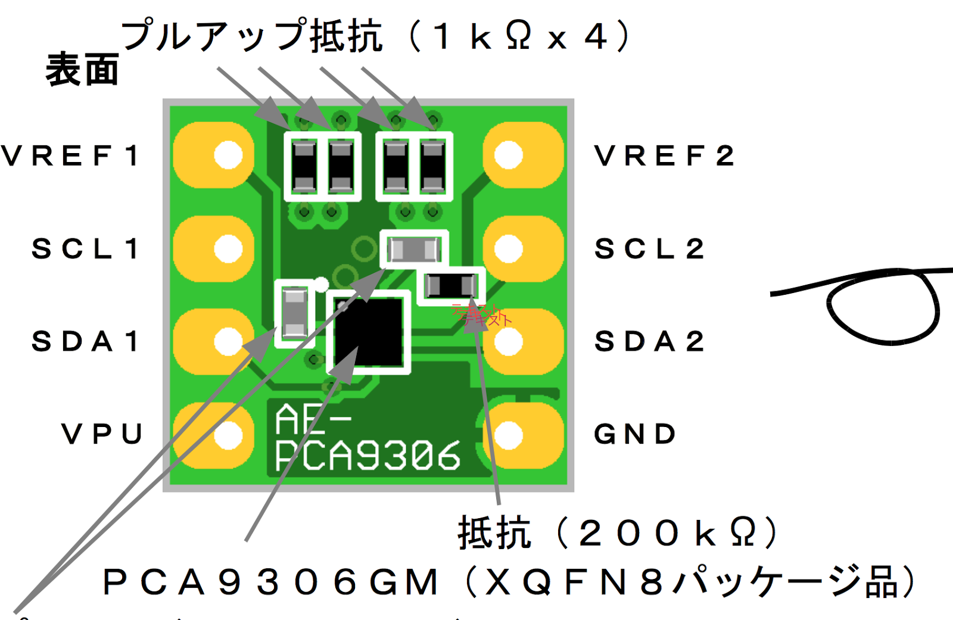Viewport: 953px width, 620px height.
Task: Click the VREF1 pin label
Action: point(70,156)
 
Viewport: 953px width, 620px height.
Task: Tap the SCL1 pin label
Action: point(85,248)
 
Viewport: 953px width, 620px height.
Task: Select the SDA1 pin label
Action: point(85,341)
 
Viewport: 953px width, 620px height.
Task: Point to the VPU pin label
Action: point(102,434)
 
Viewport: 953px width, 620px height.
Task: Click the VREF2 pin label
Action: point(664,156)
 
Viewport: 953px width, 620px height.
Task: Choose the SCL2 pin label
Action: point(649,248)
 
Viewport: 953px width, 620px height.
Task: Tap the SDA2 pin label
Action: point(649,341)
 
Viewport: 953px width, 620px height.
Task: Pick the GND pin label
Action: point(635,434)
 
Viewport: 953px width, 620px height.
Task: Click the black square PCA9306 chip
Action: point(369,332)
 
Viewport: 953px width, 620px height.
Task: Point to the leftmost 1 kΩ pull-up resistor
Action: point(304,166)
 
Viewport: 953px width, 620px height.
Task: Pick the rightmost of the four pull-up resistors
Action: point(433,166)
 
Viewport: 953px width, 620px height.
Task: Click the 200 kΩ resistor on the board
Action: point(451,286)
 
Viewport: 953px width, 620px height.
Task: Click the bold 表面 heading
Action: point(82,70)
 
